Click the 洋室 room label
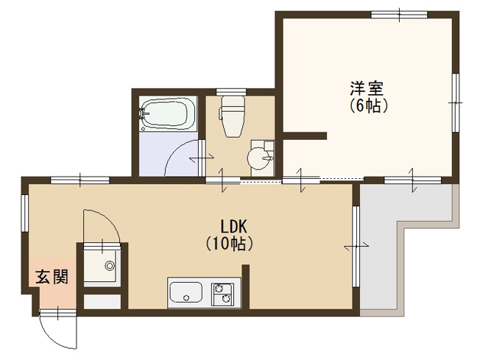coord(367,88)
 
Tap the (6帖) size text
coord(369,106)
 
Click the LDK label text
coord(234,227)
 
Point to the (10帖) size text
coord(230,244)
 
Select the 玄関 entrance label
coord(52,277)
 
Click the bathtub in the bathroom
coord(168,114)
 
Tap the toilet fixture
coord(232,116)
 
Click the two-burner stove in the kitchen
coord(222,294)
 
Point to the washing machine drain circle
coord(109,266)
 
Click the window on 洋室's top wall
coord(399,15)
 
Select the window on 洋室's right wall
coord(456,102)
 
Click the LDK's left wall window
coord(24,213)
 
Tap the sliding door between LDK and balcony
coord(356,246)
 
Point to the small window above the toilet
coord(231,91)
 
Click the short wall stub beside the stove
coord(246,286)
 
